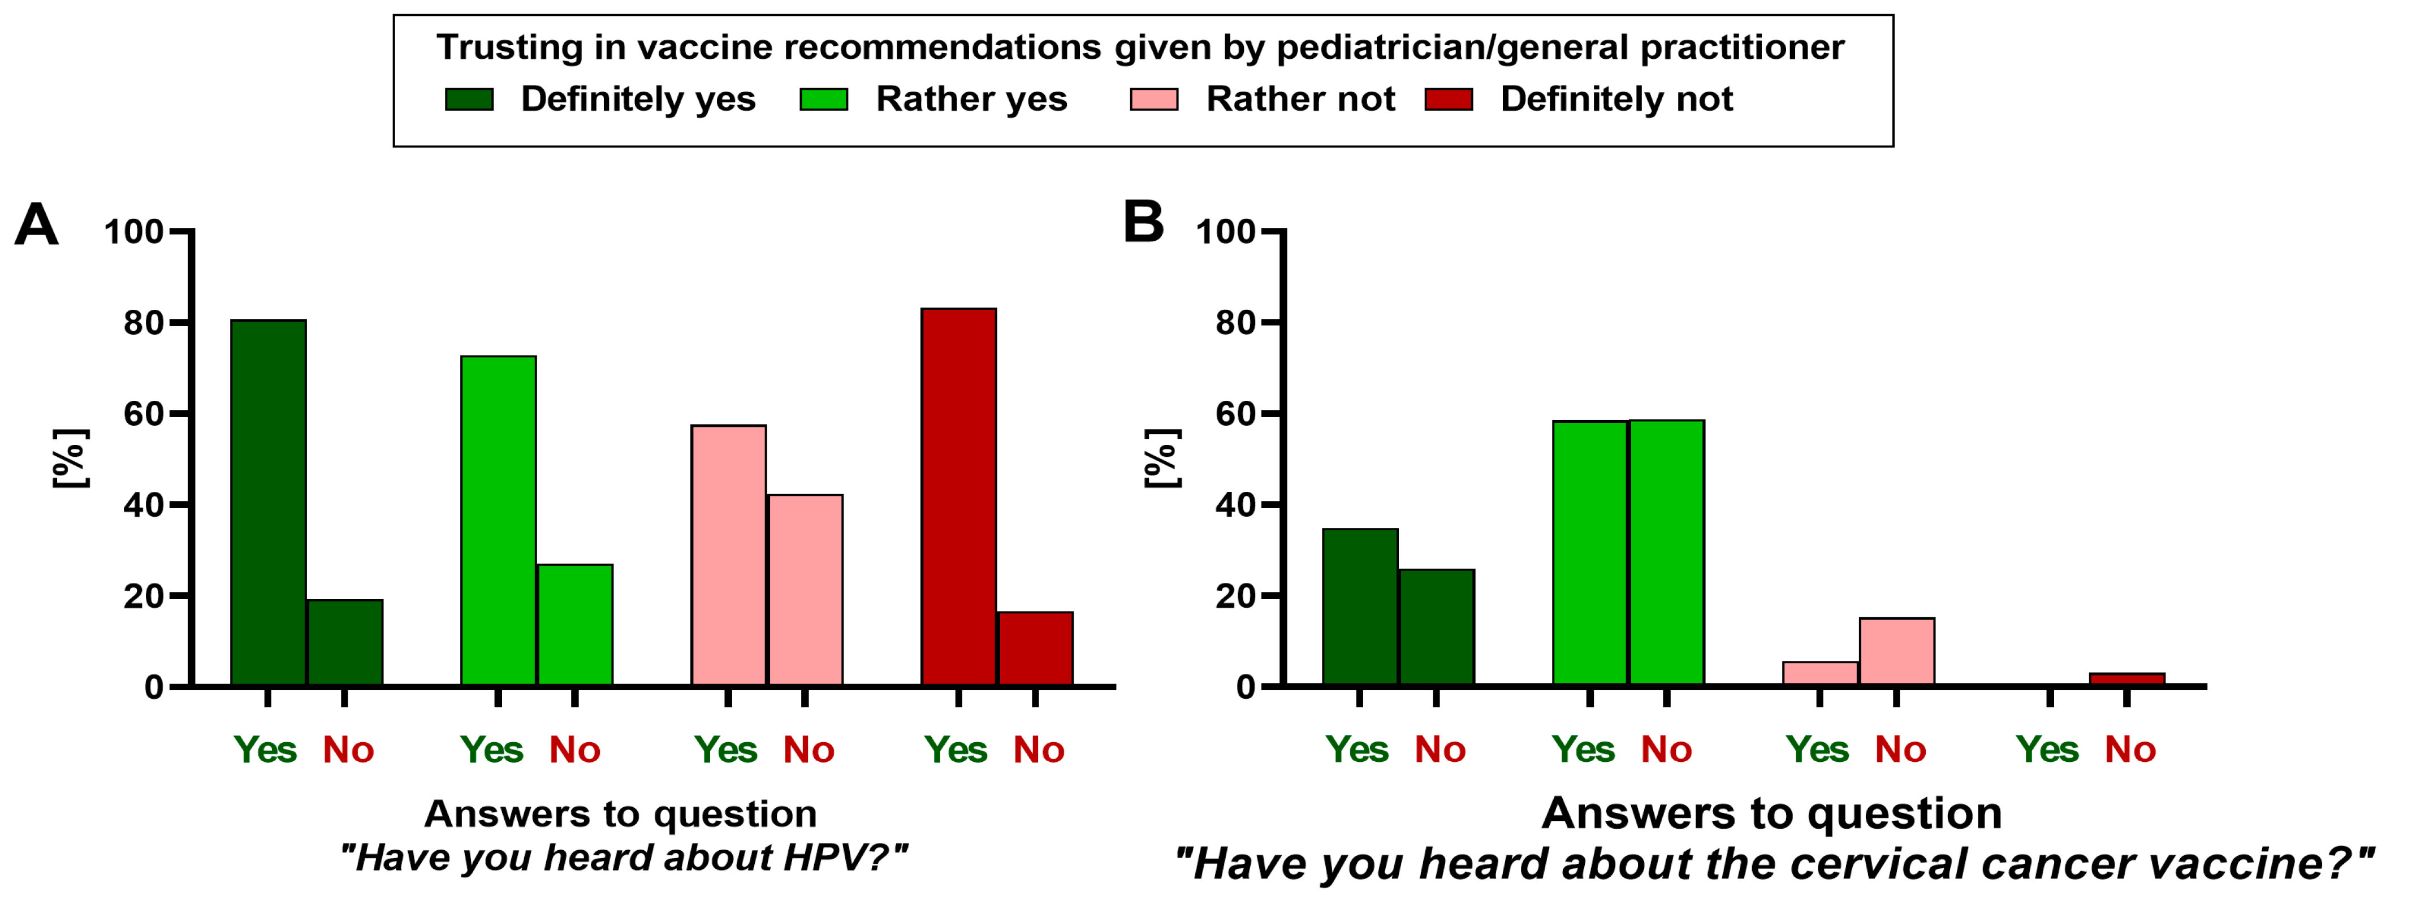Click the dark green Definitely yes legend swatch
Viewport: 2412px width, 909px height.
pos(469,99)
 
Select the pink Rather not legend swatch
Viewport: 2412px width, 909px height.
pos(1153,99)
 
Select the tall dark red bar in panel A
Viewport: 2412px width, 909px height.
pos(959,497)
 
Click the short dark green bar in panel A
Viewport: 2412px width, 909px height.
pos(344,643)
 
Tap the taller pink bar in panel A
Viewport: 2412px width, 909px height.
pos(728,555)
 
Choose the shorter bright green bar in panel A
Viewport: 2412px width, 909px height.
pos(575,625)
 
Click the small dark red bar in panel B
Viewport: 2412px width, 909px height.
pos(2128,679)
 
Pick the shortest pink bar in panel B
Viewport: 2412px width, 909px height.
pos(1820,674)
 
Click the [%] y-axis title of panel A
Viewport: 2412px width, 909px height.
pos(70,458)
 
